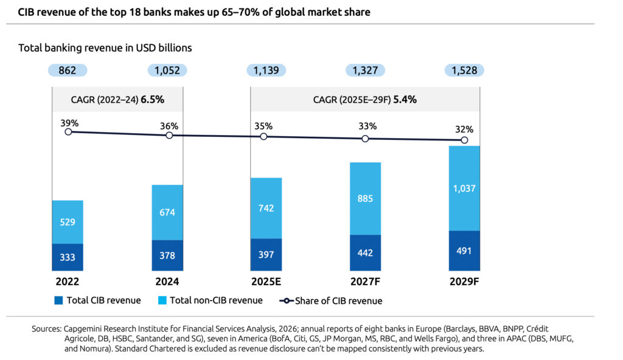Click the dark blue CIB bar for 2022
click(68, 257)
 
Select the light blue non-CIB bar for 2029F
click(464, 188)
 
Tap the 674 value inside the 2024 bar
click(167, 212)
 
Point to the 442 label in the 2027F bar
click(365, 253)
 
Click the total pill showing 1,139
click(266, 71)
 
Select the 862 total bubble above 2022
click(68, 71)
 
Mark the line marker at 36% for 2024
click(169, 135)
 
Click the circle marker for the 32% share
click(464, 140)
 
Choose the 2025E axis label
click(266, 282)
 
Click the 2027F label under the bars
click(365, 282)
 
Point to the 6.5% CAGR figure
click(153, 100)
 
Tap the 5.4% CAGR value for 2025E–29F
click(405, 100)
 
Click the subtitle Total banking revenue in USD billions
click(105, 47)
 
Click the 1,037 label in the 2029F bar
click(464, 189)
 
